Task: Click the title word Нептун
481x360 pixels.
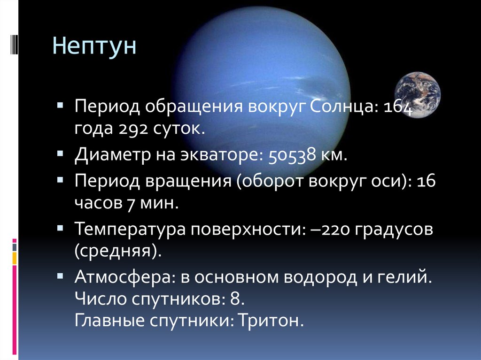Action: (94, 46)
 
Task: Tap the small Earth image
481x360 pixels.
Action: (418, 95)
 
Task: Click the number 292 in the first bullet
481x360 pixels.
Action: (132, 129)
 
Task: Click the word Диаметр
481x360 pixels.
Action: (113, 154)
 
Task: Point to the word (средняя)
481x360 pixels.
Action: (118, 252)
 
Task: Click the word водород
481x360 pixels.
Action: (320, 277)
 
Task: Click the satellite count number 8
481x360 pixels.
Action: (235, 299)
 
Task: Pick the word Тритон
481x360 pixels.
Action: (270, 320)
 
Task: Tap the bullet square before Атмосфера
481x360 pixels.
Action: (60, 276)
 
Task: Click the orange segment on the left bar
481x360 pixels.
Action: (15, 258)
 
